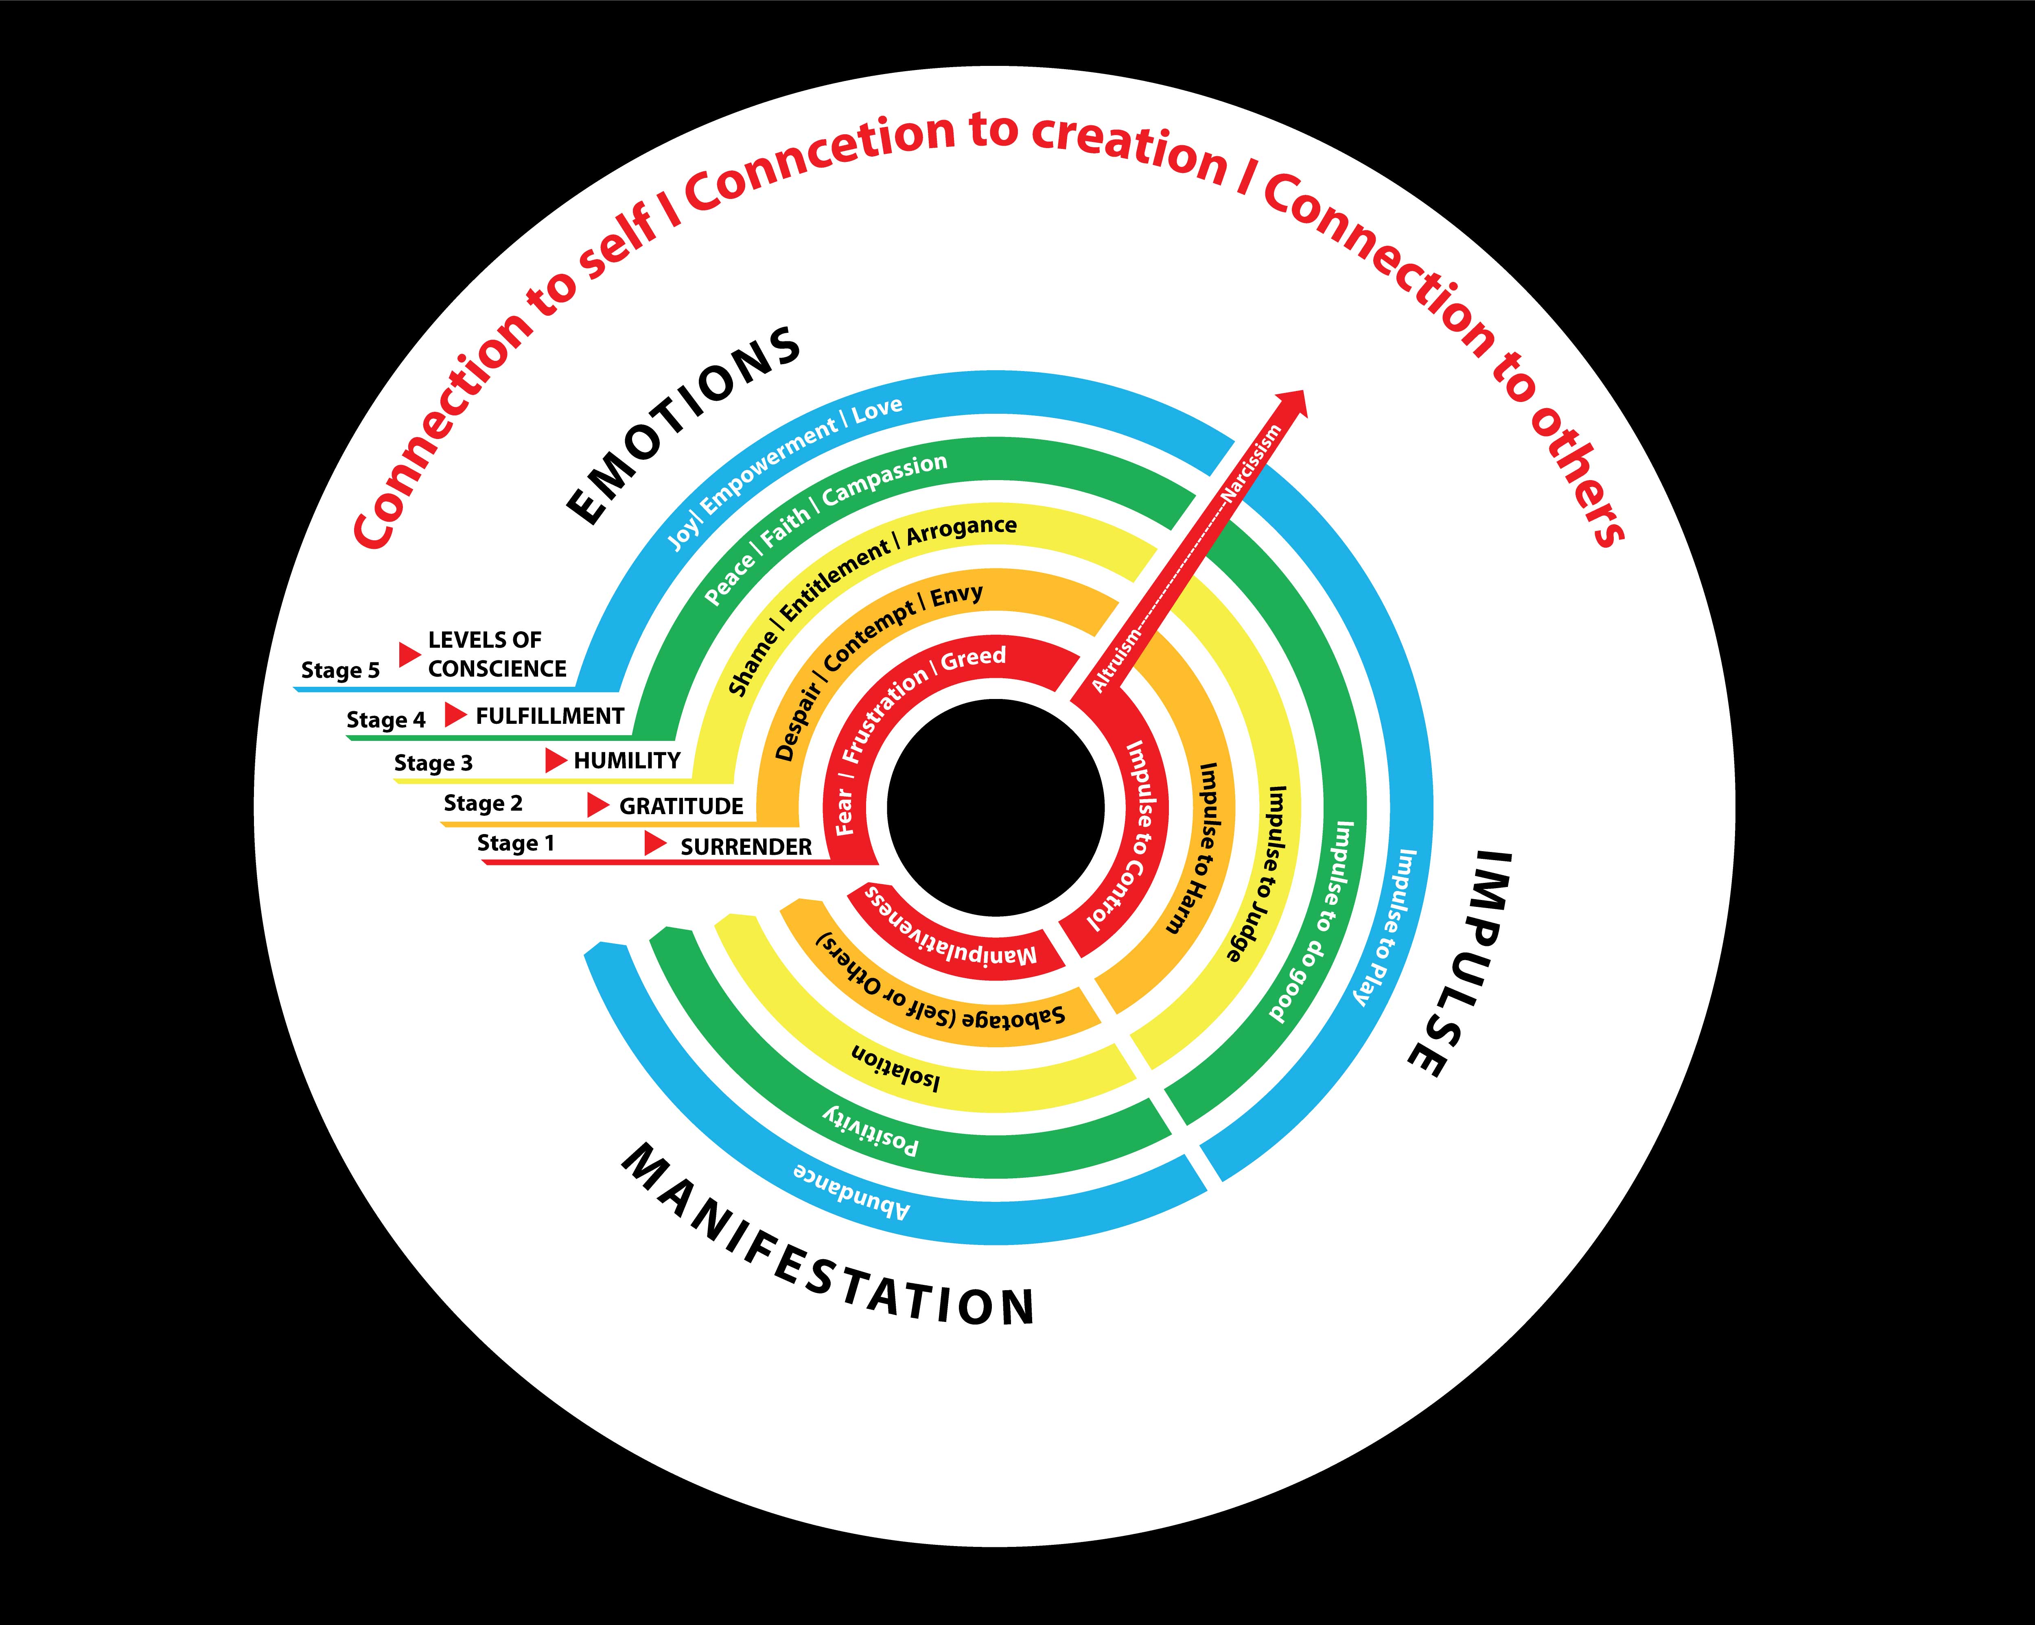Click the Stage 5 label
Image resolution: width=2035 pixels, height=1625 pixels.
pyautogui.click(x=340, y=670)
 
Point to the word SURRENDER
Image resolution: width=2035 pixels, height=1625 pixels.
pyautogui.click(x=746, y=846)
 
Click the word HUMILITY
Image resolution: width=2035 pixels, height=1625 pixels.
pyautogui.click(x=627, y=760)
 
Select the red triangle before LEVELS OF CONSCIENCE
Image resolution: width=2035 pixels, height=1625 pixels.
pyautogui.click(x=409, y=654)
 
